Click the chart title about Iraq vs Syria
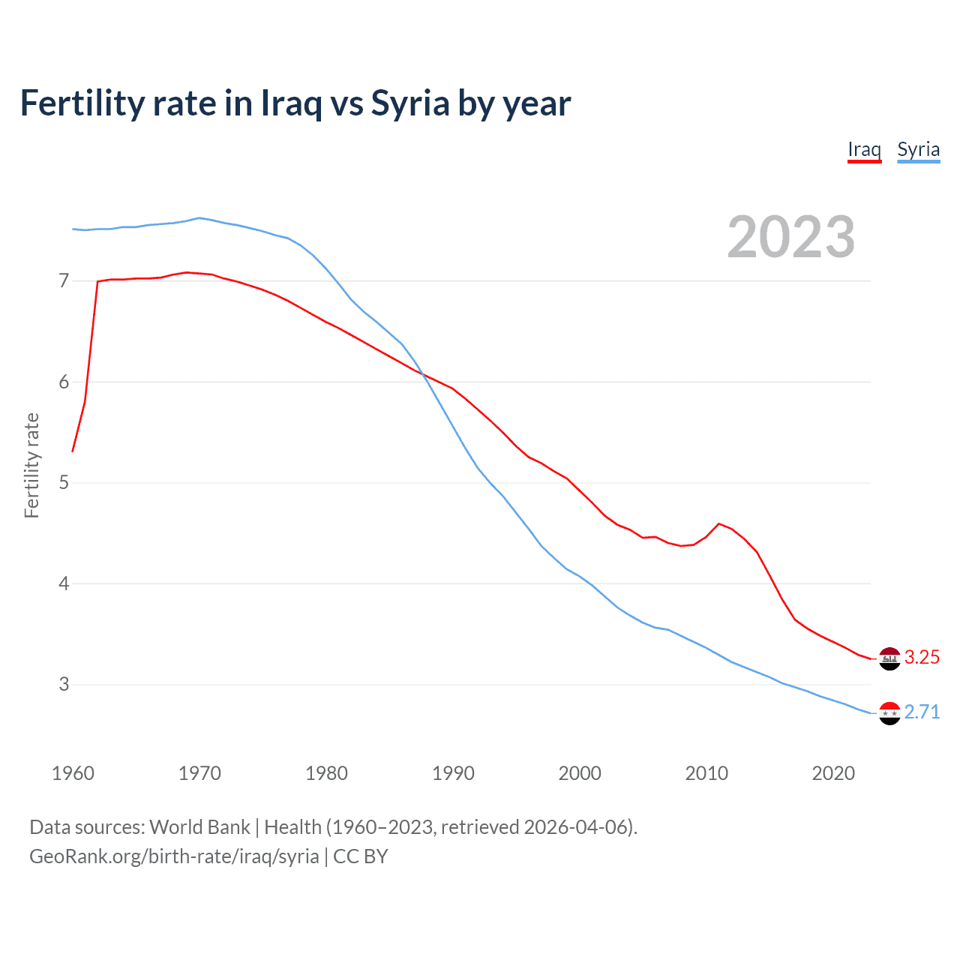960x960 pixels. point(295,103)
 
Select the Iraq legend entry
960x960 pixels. point(864,149)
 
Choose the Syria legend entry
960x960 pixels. point(918,149)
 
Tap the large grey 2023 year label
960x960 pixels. point(790,237)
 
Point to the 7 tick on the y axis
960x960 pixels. point(64,281)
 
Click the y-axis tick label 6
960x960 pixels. point(64,382)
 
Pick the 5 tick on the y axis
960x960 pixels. point(64,482)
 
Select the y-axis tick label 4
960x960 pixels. point(64,583)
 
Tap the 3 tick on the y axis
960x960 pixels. point(64,684)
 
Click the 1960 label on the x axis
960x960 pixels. point(73,773)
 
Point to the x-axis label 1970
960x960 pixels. point(199,773)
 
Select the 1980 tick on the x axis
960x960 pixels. point(326,773)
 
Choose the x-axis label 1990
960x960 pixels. point(453,773)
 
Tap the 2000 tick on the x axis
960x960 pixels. point(580,773)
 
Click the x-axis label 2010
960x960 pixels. point(706,773)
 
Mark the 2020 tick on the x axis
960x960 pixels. point(833,773)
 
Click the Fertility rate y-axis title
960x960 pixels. point(31,465)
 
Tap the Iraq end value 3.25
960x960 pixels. point(922,658)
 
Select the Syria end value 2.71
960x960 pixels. point(922,712)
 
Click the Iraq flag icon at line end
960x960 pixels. point(889,658)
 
